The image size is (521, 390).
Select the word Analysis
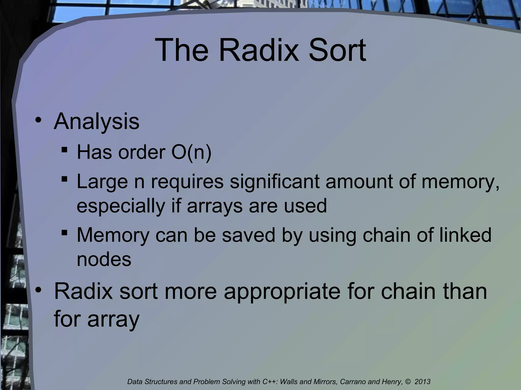[96, 121]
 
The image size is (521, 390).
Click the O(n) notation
[191, 152]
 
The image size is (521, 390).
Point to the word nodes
[104, 259]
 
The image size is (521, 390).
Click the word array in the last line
[113, 319]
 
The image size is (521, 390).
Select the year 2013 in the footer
[423, 382]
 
